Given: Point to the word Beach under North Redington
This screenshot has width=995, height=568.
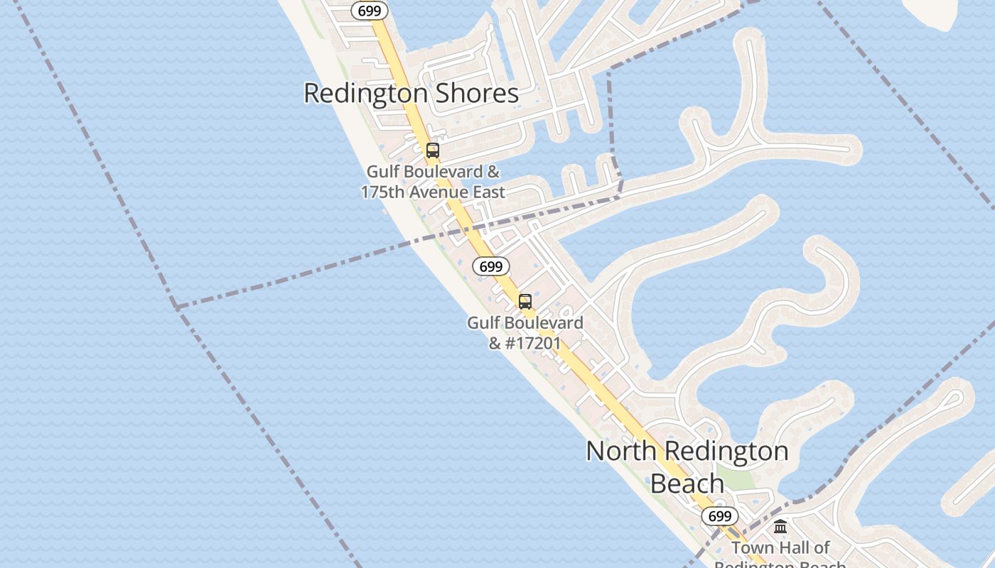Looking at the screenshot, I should point(687,484).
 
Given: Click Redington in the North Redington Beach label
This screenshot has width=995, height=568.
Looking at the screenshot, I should point(731,452).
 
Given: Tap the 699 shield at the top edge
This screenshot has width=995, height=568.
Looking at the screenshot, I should point(370,11).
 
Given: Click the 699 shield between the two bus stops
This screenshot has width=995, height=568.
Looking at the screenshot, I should point(490,267).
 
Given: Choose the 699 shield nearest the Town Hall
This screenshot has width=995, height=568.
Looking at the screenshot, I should point(720,516).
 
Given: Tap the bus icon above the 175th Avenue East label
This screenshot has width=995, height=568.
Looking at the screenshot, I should point(432,151).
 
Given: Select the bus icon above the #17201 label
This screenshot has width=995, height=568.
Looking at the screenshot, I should point(525,302).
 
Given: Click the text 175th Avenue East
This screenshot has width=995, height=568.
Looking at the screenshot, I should point(433,192).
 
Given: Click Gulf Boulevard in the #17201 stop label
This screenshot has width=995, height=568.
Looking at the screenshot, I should point(525,323).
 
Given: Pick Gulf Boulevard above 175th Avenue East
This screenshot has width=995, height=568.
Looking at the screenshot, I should point(433,172).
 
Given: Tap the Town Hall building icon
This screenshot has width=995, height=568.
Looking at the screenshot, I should point(780,527).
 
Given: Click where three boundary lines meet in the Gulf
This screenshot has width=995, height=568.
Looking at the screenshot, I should point(176,307).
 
